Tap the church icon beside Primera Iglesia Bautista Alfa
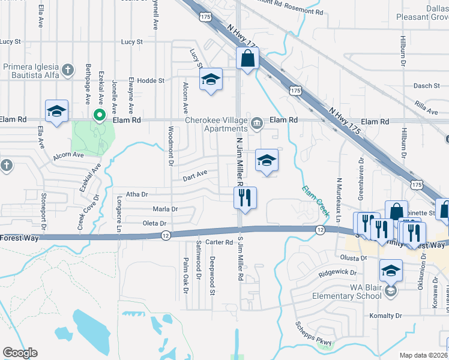69,70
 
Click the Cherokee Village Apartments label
217,124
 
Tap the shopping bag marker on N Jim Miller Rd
247,59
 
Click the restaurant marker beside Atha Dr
245,198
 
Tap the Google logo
20,353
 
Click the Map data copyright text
423,355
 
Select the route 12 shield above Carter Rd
165,235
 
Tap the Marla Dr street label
165,209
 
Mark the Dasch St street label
427,86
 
